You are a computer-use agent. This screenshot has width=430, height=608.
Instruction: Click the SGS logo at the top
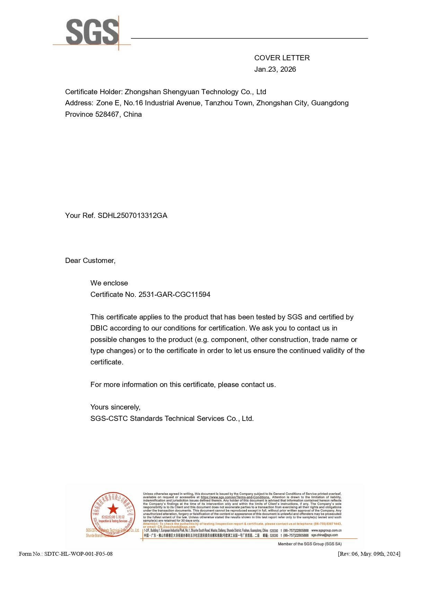click(92, 32)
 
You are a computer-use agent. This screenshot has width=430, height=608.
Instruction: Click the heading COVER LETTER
click(282, 58)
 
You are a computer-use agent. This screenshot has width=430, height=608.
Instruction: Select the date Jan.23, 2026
click(275, 69)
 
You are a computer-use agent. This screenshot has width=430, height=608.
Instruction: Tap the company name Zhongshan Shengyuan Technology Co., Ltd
click(195, 92)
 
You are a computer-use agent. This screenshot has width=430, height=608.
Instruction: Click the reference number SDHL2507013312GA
click(132, 215)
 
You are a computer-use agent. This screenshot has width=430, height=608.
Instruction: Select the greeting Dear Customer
click(90, 261)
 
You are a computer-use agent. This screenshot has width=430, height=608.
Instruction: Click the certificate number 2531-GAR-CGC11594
click(174, 294)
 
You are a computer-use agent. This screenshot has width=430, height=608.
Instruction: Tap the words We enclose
click(109, 283)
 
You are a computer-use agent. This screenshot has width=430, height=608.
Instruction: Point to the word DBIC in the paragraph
click(99, 328)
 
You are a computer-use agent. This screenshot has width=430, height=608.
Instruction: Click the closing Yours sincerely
click(115, 407)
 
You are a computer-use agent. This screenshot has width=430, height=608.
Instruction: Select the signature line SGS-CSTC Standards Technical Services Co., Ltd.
click(172, 418)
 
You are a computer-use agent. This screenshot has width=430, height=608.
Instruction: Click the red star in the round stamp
click(113, 509)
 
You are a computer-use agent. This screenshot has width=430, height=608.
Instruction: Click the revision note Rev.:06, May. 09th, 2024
click(369, 554)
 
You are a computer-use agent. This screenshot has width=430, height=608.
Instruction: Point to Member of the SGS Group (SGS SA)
click(310, 544)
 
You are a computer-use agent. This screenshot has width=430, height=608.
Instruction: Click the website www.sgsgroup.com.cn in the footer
click(326, 530)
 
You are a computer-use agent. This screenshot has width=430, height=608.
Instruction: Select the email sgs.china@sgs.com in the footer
click(325, 535)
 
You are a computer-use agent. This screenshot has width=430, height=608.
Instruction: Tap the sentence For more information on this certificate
click(183, 385)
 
